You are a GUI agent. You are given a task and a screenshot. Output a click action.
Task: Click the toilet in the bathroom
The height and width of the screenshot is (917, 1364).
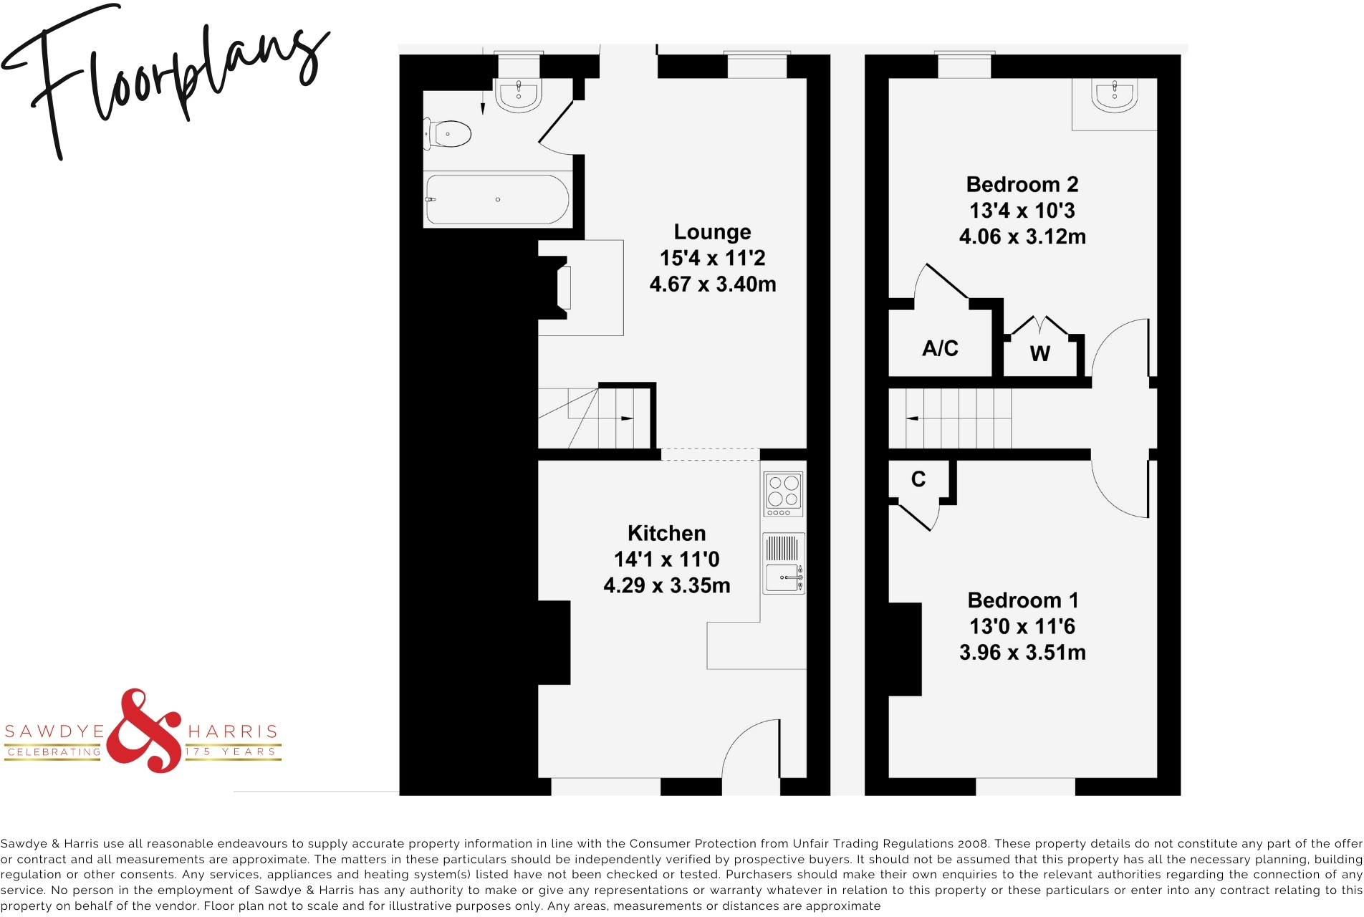coord(450,134)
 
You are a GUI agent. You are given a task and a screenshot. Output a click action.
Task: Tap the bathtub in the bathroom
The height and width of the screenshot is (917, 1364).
coord(498,199)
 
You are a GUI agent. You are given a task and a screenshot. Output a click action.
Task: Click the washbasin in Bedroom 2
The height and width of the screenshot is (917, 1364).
coord(1114,95)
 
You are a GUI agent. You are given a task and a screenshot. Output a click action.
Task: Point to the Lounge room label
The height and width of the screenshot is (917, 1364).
coord(712,232)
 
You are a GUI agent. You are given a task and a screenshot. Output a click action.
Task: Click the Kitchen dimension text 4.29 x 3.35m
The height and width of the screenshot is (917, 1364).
coord(666,585)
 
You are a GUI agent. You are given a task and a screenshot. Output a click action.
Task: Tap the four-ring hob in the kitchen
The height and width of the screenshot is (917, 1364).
coord(783,493)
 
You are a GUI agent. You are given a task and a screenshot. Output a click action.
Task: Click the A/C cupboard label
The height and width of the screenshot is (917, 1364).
coord(940,349)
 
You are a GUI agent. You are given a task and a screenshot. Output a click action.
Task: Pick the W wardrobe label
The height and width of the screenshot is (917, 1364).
coord(1039,353)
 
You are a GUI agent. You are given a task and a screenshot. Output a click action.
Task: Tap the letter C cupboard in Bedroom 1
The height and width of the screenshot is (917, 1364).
coord(918,479)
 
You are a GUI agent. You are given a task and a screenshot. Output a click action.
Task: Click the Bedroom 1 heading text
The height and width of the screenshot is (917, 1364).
coord(1022,600)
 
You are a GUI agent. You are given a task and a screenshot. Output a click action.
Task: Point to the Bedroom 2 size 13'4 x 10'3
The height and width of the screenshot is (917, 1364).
coord(1022,211)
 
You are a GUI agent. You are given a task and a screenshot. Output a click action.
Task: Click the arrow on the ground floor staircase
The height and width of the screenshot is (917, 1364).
coord(626,418)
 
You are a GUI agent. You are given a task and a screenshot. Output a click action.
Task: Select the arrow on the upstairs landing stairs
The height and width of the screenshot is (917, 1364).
coord(913,418)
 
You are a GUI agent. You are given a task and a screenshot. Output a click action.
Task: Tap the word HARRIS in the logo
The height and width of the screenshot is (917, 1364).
coord(233,731)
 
